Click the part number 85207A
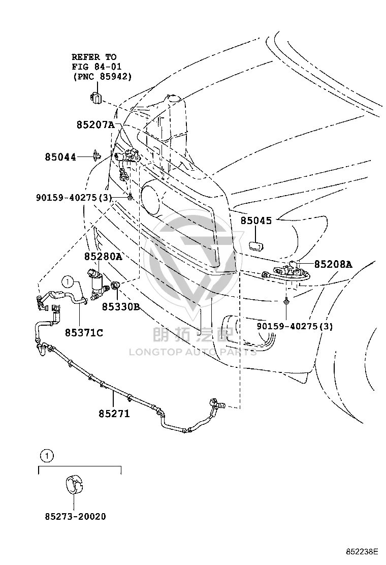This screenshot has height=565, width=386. [x=95, y=125]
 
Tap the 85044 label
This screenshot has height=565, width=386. [x=60, y=157]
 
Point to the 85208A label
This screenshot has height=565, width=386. [x=333, y=265]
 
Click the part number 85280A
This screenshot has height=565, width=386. [x=103, y=257]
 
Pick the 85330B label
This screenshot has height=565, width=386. [x=121, y=307]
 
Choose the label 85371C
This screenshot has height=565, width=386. [x=84, y=333]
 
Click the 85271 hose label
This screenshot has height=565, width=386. [x=114, y=414]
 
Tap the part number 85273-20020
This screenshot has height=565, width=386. [x=76, y=516]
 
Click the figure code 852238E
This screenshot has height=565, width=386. [x=362, y=551]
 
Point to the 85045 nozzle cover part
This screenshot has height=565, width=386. [x=255, y=246]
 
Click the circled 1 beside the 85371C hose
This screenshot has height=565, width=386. [x=68, y=282]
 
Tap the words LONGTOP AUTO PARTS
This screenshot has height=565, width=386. [x=193, y=352]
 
